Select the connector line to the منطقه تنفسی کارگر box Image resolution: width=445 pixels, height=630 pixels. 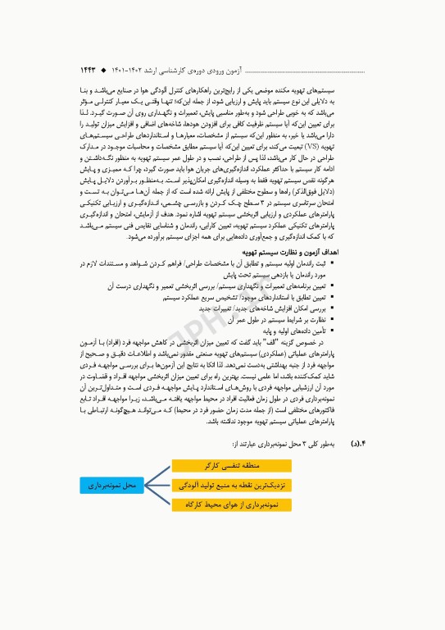(x=159, y=473)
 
